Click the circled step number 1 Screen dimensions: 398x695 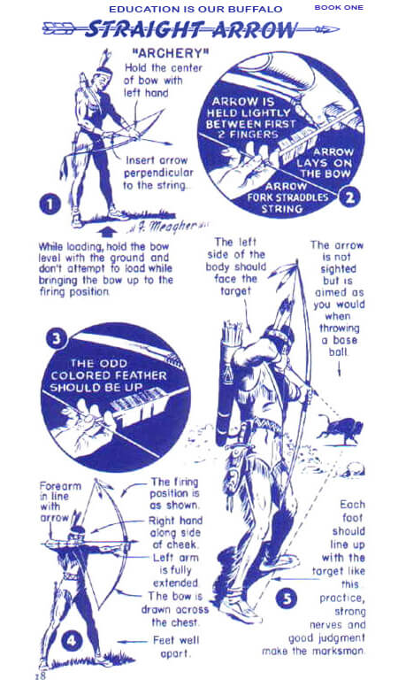pyautogui.click(x=50, y=205)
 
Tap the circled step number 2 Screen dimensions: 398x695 pyautogui.click(x=349, y=197)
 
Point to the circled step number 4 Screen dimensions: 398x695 pyautogui.click(x=72, y=641)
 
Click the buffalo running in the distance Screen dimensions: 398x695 pyautogui.click(x=340, y=429)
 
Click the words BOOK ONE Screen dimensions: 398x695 pyautogui.click(x=339, y=7)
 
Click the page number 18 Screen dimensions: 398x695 pyautogui.click(x=40, y=676)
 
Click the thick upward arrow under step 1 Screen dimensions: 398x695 pyautogui.click(x=110, y=232)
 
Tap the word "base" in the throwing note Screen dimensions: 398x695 pyautogui.click(x=345, y=340)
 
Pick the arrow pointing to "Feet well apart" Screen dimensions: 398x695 pyautogui.click(x=132, y=641)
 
